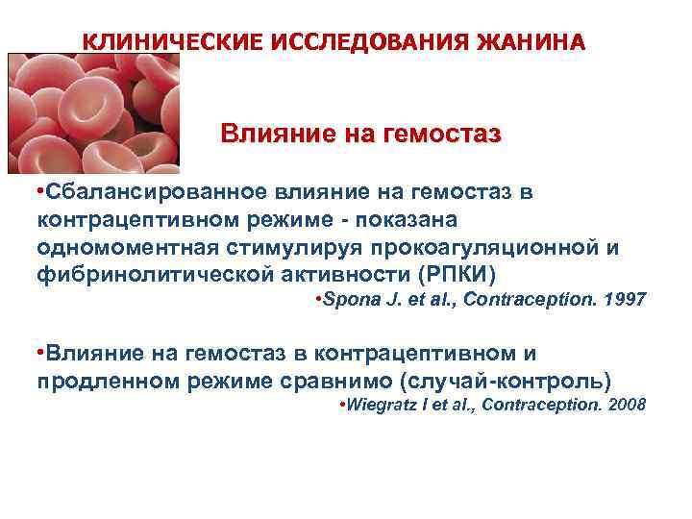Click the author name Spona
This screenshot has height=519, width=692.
(x=352, y=301)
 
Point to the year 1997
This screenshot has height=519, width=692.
(x=626, y=301)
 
